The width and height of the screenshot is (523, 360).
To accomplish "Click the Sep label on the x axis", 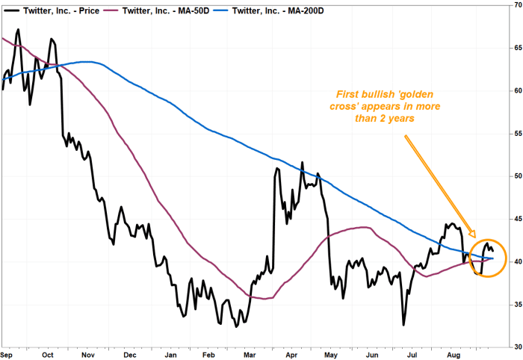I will pyautogui.click(x=7, y=355).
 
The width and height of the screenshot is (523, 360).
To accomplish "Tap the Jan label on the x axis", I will pyautogui.click(x=170, y=355).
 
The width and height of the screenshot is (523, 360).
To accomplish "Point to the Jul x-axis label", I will pyautogui.click(x=412, y=355).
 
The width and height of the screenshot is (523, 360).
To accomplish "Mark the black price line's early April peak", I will pyautogui.click(x=302, y=162).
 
